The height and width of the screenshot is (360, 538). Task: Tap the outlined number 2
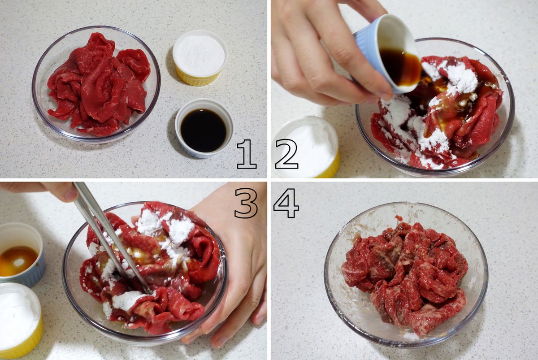286,154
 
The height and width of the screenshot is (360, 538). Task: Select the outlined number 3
246,203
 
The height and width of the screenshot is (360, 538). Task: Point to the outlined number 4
286,203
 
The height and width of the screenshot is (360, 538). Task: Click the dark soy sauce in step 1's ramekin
204,130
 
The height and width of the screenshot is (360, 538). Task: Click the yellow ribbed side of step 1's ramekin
197,78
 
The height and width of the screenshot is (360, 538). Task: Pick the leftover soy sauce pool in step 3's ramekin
17,261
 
